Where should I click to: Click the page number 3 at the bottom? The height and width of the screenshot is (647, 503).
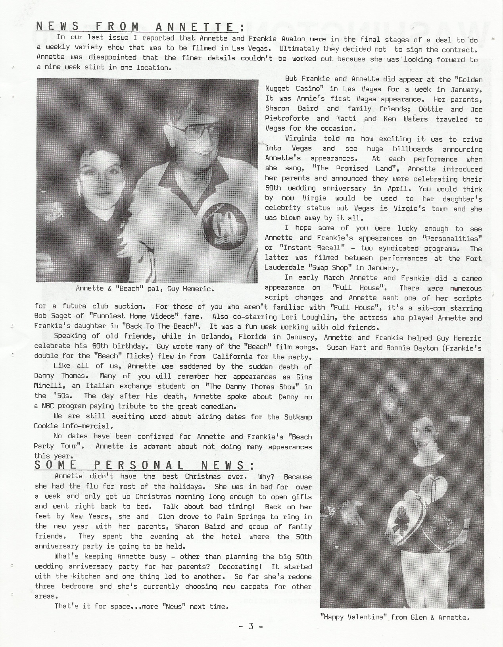(251, 626)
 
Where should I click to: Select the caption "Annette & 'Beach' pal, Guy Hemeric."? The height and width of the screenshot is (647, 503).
(145, 289)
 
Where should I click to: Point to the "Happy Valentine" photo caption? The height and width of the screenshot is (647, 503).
(395, 617)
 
